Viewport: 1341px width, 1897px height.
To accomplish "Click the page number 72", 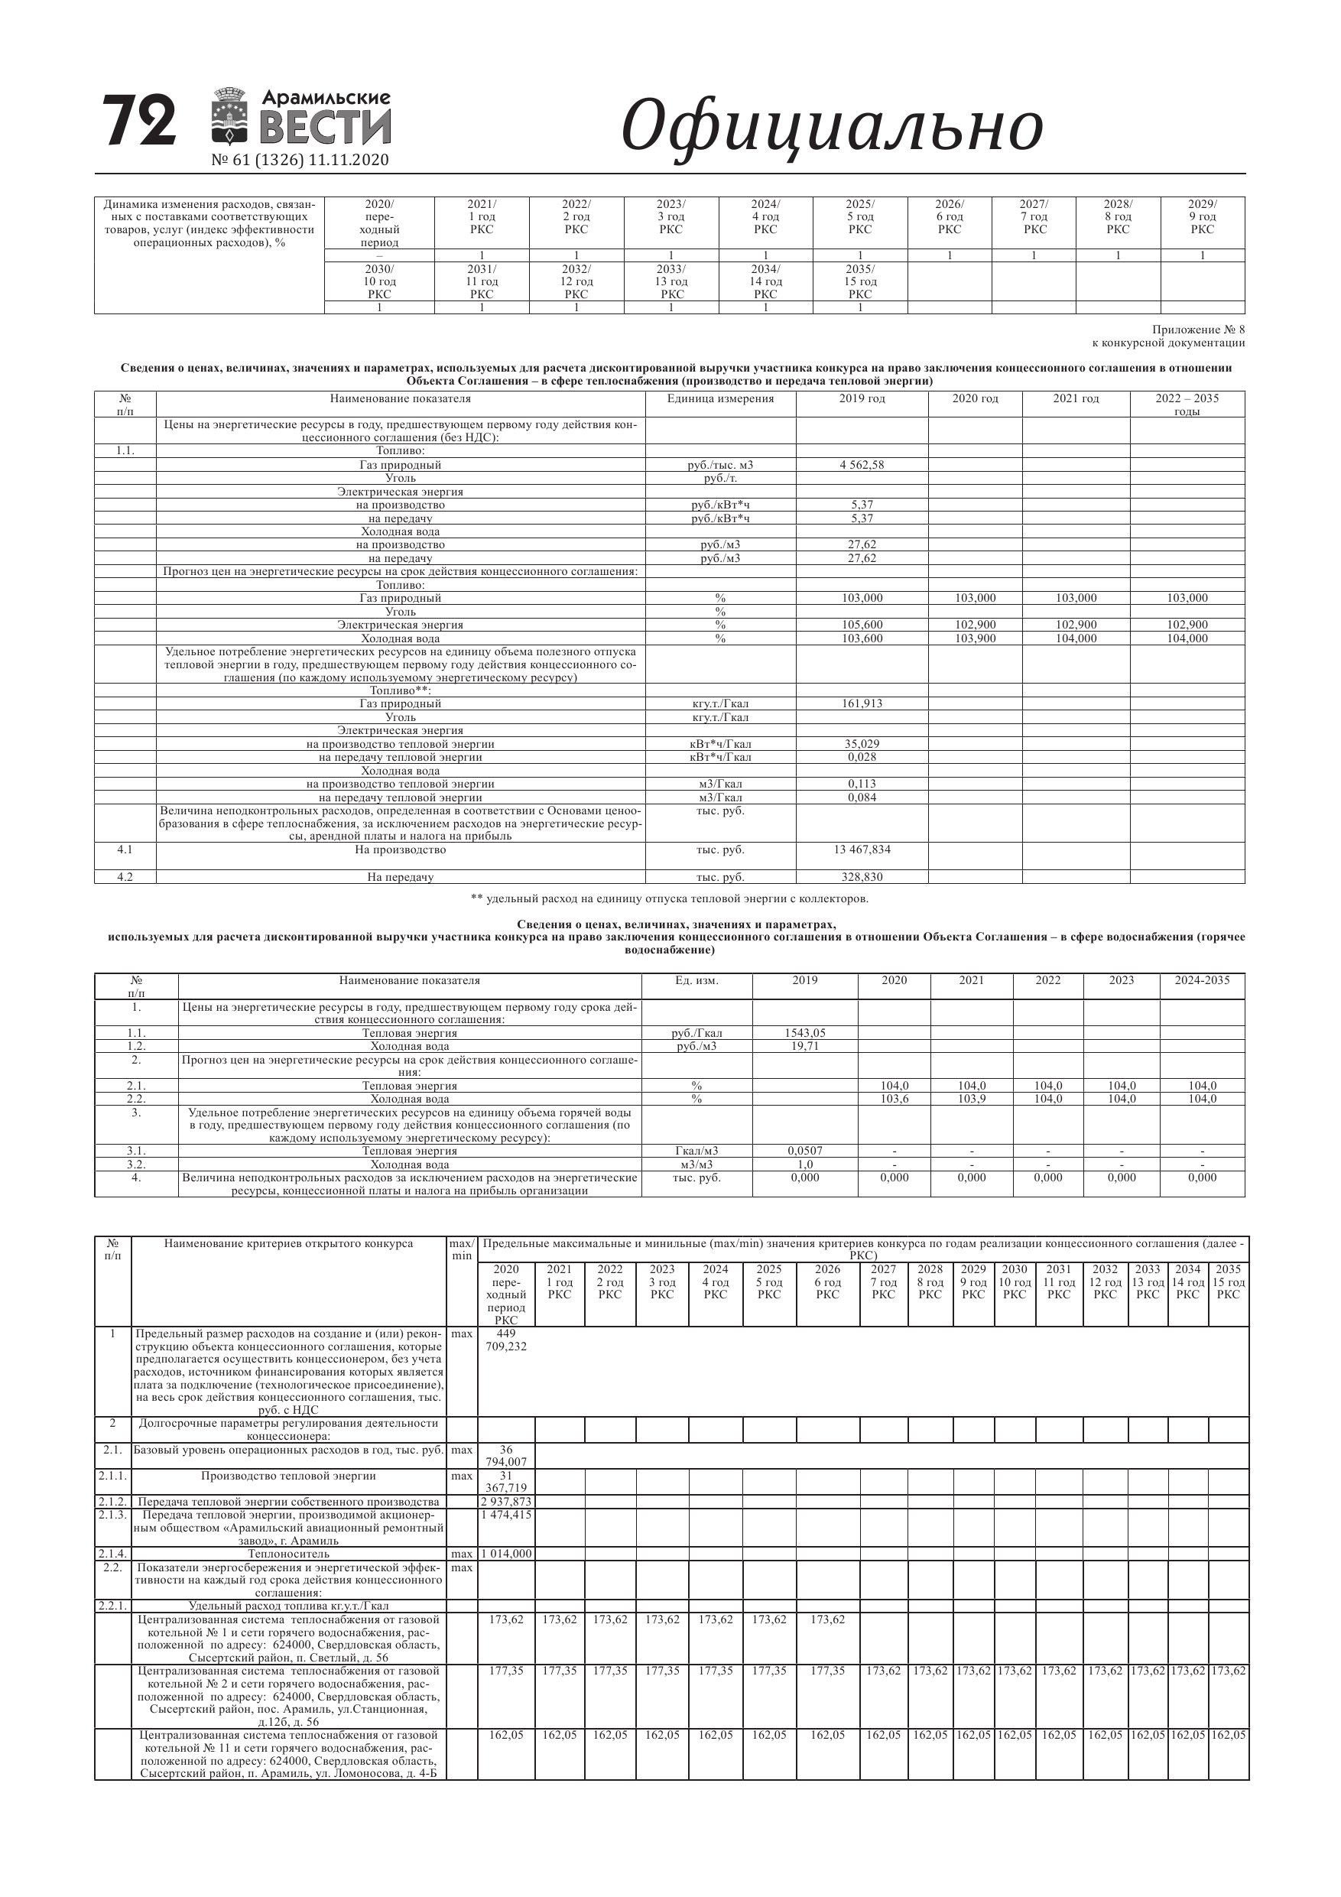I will [139, 121].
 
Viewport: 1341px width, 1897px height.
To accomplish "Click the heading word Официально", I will [831, 125].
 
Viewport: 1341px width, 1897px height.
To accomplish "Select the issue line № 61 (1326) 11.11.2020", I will [300, 161].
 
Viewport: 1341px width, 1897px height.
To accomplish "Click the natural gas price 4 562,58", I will [861, 465].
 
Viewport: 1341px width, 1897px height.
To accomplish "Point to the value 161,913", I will [861, 704].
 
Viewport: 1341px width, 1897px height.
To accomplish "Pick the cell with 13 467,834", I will [861, 849].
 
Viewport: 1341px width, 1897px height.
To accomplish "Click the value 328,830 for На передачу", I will [861, 876].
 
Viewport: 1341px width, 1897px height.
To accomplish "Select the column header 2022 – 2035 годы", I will [1187, 404].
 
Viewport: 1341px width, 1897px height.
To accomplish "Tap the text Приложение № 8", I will [1198, 330].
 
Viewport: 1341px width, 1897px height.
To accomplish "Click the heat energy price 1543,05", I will [805, 1033].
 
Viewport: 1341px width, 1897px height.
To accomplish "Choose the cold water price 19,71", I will [805, 1046].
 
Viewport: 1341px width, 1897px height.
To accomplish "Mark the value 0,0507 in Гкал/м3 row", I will [805, 1151].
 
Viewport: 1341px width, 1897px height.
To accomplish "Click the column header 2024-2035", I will [1201, 981].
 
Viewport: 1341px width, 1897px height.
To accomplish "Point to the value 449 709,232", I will [505, 1340].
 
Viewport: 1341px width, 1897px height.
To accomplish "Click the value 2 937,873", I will [505, 1501].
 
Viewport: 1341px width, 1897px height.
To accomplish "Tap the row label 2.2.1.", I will [112, 1606].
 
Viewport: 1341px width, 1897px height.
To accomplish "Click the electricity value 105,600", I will [861, 625].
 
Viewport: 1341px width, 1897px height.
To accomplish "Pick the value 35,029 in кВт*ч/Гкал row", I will [861, 745].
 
